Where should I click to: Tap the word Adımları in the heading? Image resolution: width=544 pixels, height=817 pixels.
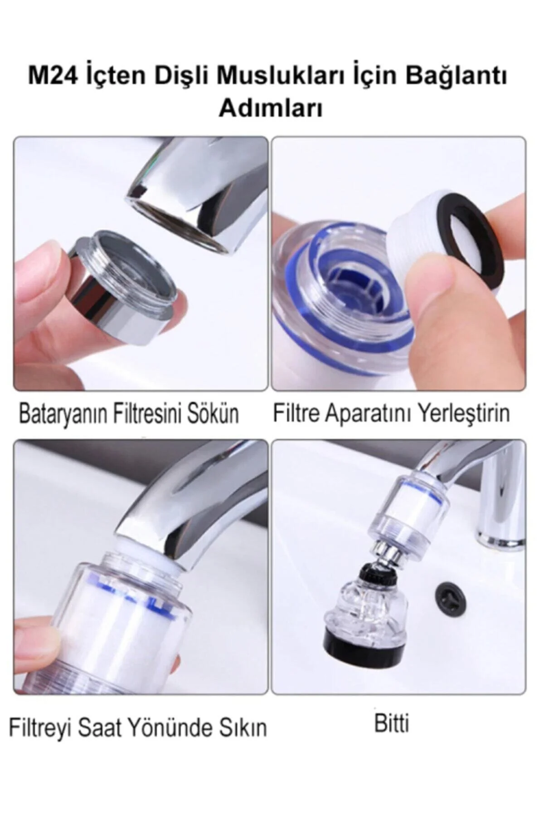click(271, 108)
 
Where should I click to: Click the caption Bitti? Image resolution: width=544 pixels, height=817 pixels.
click(392, 723)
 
